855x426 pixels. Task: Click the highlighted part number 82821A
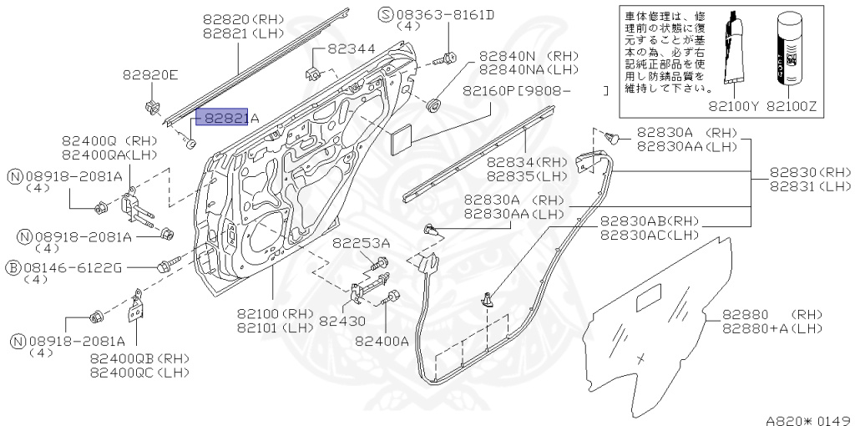pos(223,119)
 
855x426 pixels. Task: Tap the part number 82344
pos(352,49)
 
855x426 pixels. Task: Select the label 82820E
pos(151,76)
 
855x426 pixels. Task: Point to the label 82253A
pos(361,243)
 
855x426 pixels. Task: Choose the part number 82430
pos(342,320)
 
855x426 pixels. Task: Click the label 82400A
pos(382,340)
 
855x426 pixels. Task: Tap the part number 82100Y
pos(732,107)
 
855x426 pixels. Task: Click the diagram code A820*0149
pos(807,413)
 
